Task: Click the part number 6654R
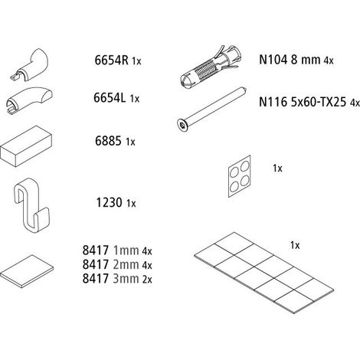[x=111, y=61]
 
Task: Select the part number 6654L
[x=110, y=97]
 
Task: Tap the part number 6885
[x=108, y=141]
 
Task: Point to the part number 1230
[x=109, y=203]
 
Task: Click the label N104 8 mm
[x=290, y=60]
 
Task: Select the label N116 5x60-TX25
[x=303, y=102]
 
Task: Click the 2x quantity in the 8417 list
[x=147, y=280]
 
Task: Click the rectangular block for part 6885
[x=26, y=146]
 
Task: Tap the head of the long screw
[x=182, y=125]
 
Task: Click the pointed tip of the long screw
[x=245, y=90]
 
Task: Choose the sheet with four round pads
[x=239, y=176]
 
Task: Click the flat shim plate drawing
[x=27, y=271]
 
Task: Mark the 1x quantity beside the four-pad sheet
[x=277, y=169]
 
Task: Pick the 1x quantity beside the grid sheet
[x=295, y=245]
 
